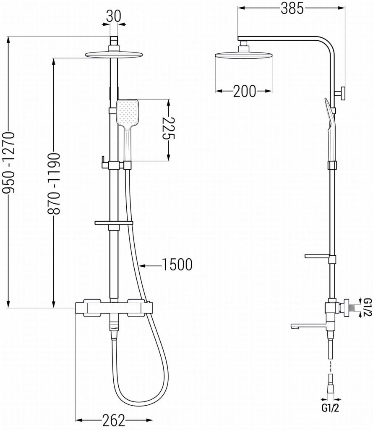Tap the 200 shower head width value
(x=244, y=91)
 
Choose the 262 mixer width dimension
(x=113, y=420)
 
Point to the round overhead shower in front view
(x=114, y=54)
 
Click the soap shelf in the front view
(x=114, y=222)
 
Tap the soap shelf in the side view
(x=318, y=256)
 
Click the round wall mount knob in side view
(x=343, y=93)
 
